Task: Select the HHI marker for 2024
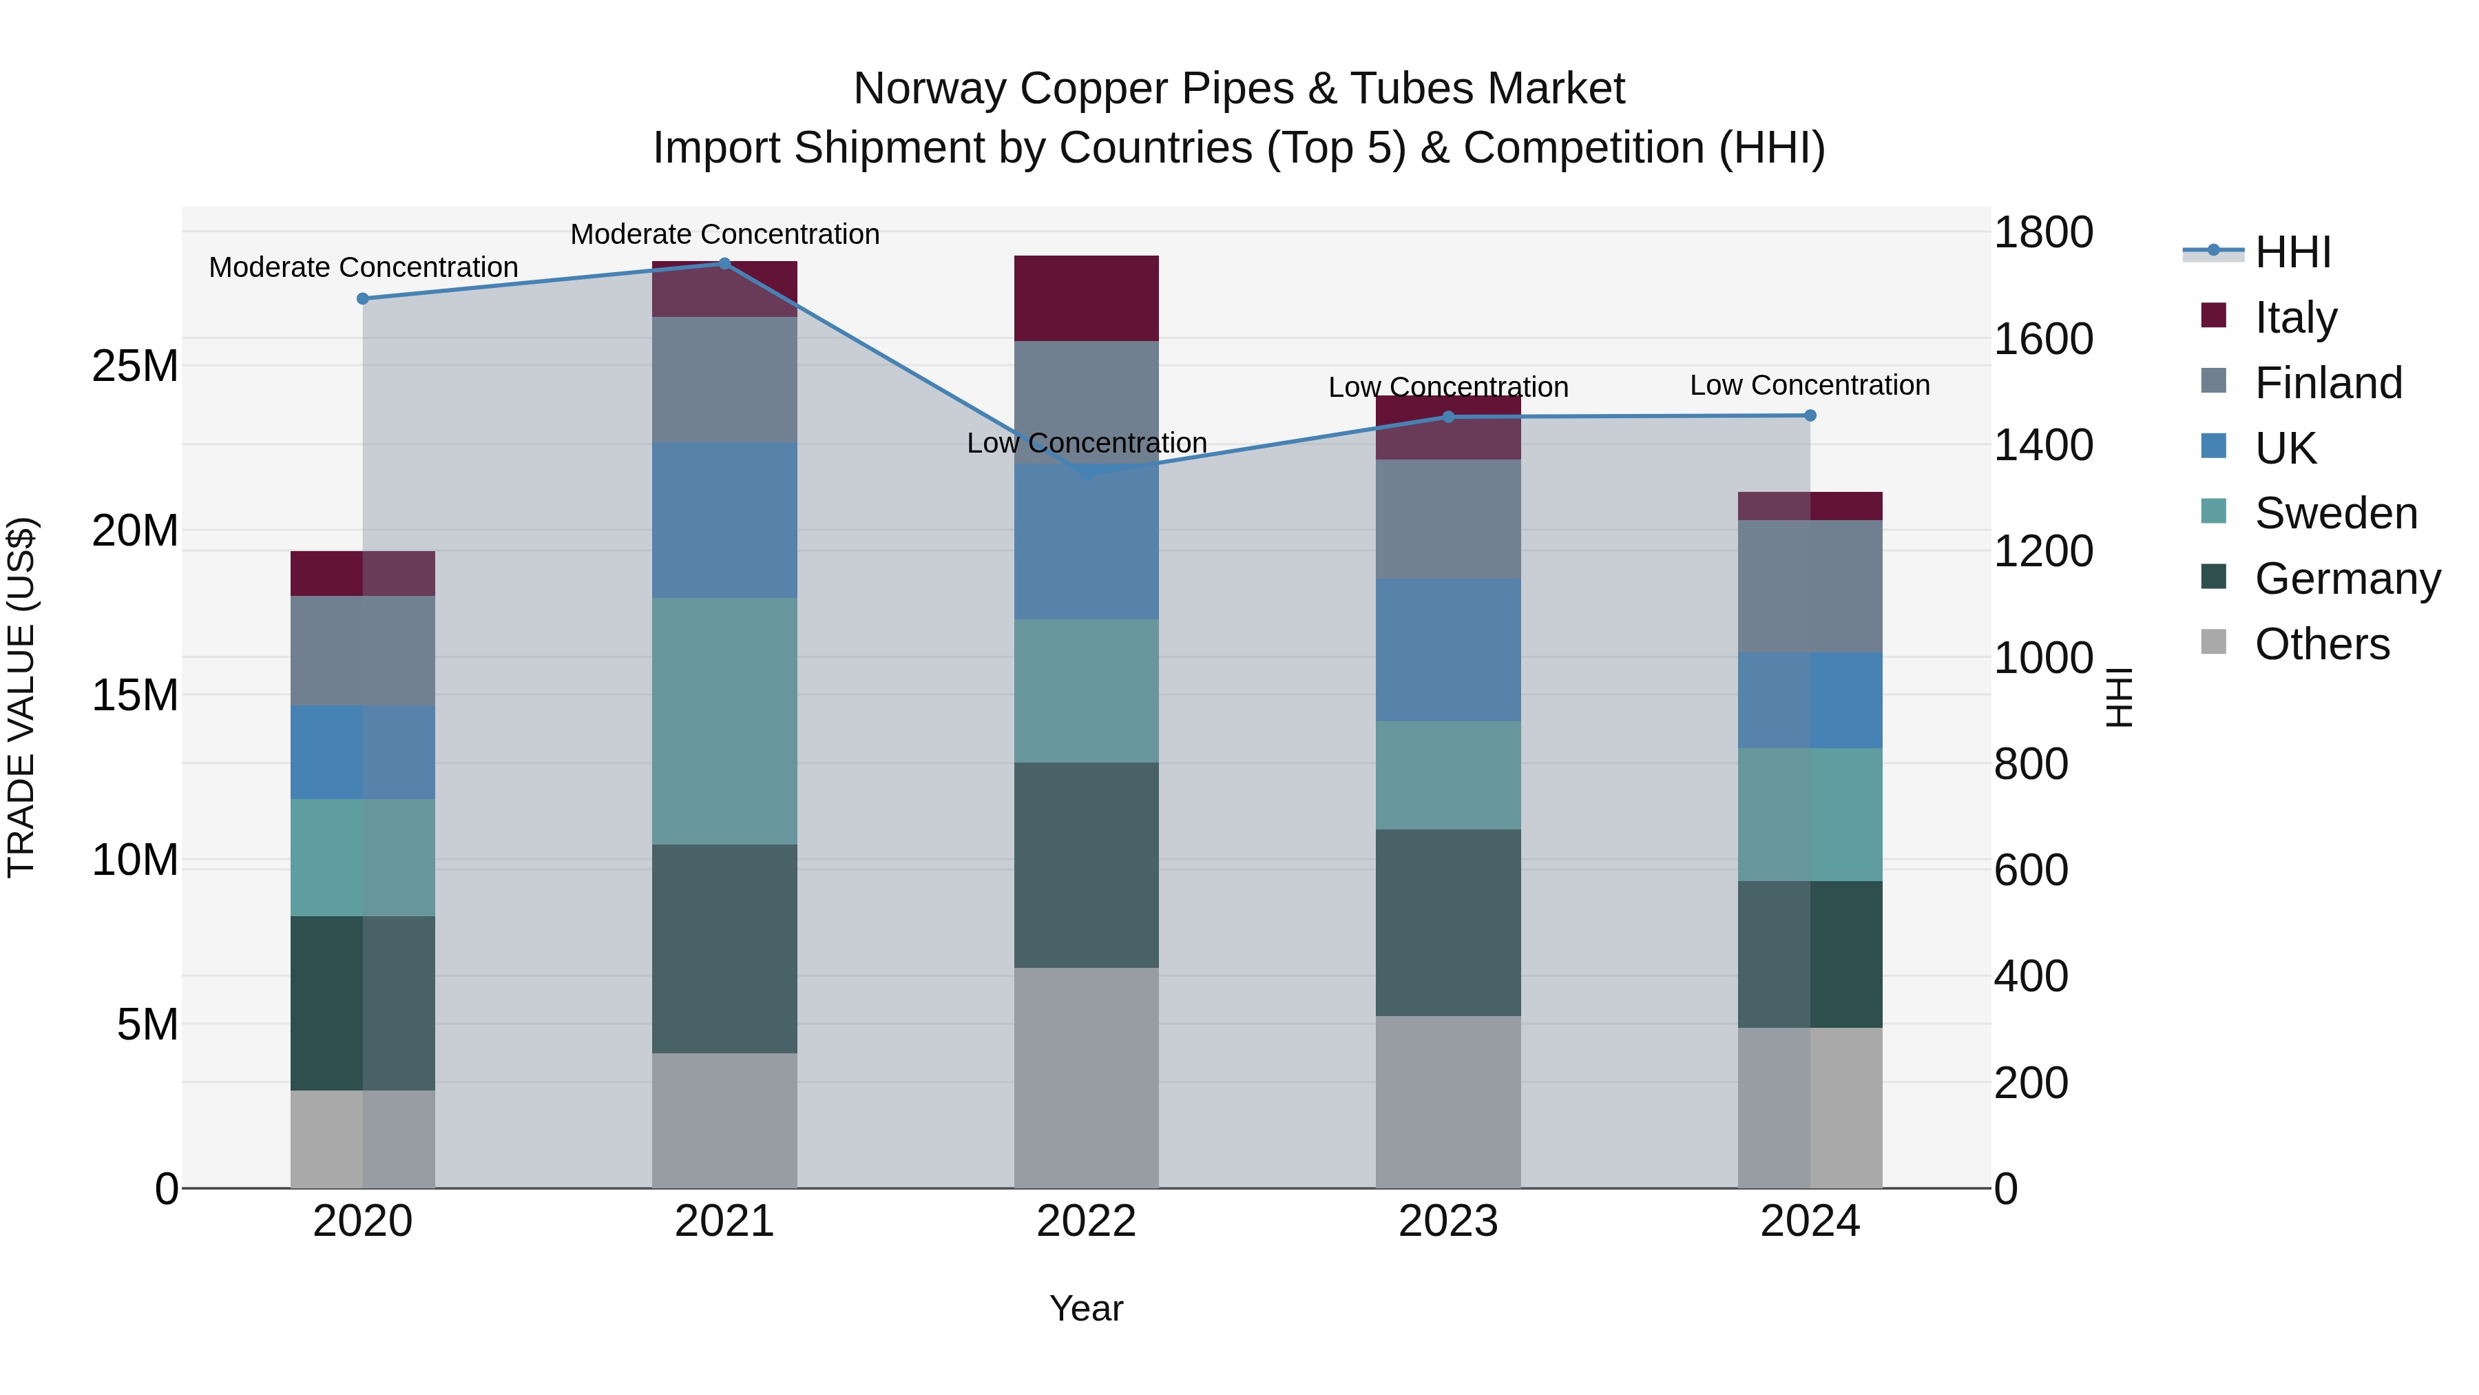click(x=1809, y=415)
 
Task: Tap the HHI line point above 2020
click(x=363, y=298)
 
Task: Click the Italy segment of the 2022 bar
click(x=1087, y=298)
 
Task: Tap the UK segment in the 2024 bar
click(x=1809, y=700)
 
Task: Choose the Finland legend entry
click(x=2328, y=382)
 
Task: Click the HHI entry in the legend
click(x=2292, y=252)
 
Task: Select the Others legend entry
click(x=2321, y=643)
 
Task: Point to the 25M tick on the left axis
click(x=135, y=366)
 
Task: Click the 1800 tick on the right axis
click(x=2042, y=232)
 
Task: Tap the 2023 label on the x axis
click(x=1447, y=1221)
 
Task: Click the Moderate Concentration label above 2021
click(x=724, y=234)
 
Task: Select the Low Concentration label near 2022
click(x=1087, y=443)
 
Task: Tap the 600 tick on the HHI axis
click(x=2031, y=869)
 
